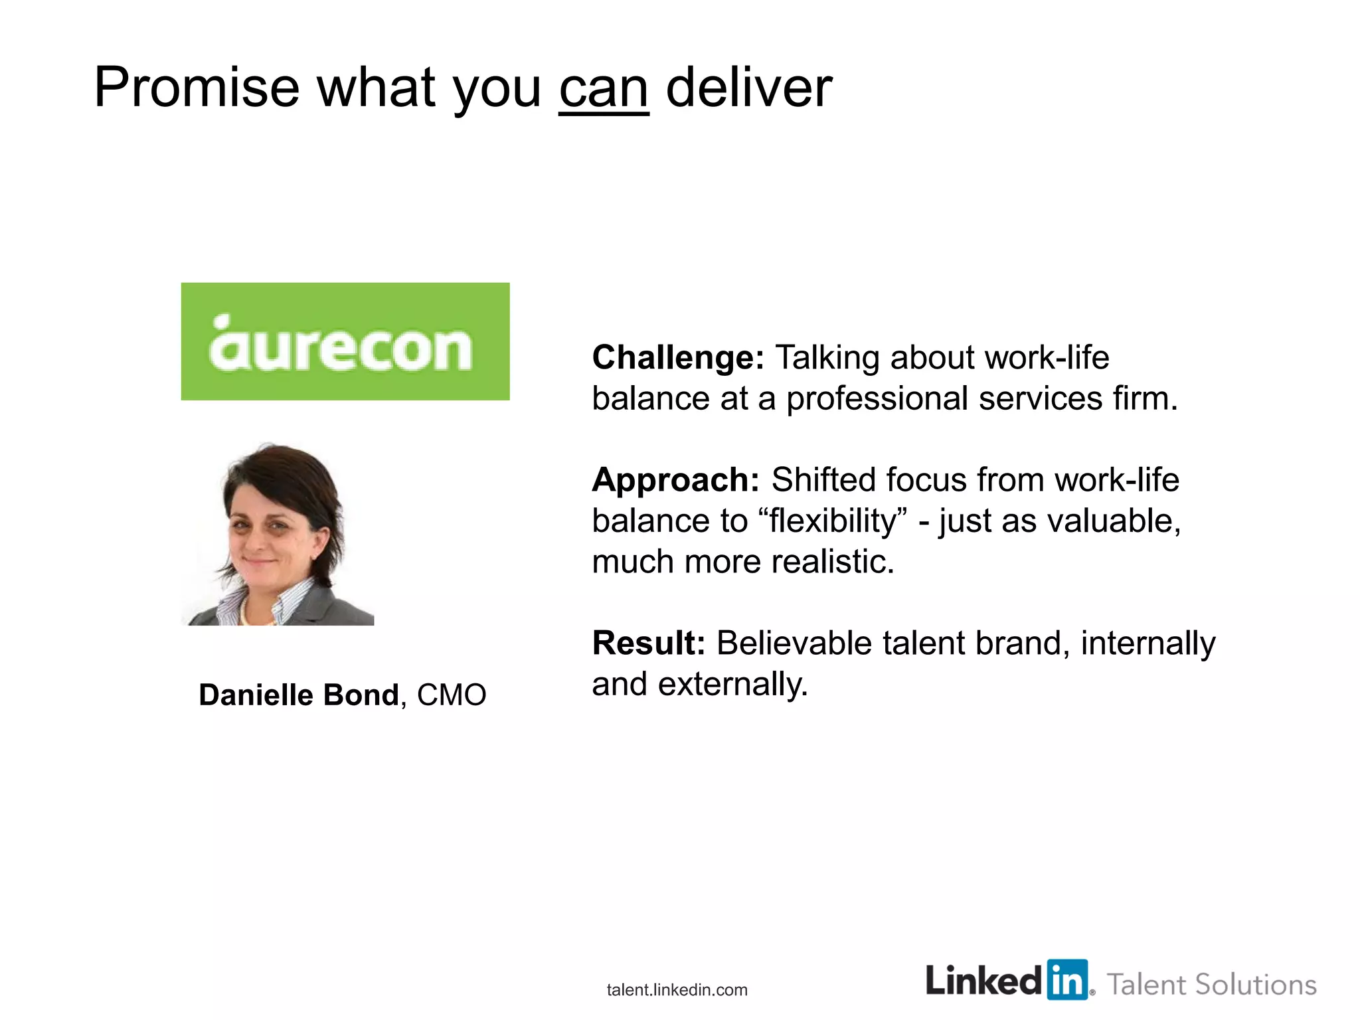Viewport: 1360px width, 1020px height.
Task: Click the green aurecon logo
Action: [345, 341]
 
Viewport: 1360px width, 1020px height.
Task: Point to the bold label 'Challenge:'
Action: [678, 358]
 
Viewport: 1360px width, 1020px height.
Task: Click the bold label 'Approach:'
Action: [675, 480]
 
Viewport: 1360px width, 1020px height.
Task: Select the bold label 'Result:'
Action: [648, 643]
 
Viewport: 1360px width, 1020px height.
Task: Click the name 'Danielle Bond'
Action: [299, 695]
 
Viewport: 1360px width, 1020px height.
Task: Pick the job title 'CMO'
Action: [452, 695]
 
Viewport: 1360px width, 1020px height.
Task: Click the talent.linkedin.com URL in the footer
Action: [677, 990]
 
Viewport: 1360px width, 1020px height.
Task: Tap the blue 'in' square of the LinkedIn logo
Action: [1067, 979]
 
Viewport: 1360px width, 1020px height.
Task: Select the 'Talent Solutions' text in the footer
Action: [1211, 985]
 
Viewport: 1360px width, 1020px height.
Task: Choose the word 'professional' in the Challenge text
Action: [877, 399]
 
